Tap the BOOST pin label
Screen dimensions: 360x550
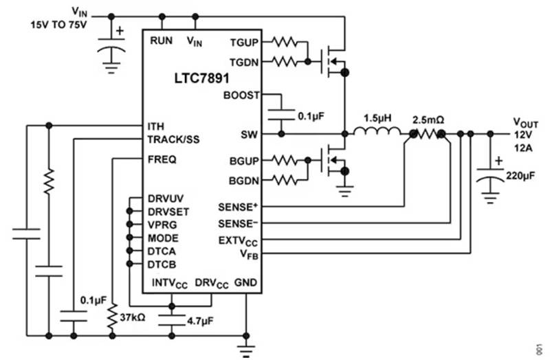(x=242, y=95)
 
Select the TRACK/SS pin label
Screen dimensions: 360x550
(x=173, y=139)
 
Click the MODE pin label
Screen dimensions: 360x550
(x=163, y=238)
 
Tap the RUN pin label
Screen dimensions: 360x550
(x=162, y=41)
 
